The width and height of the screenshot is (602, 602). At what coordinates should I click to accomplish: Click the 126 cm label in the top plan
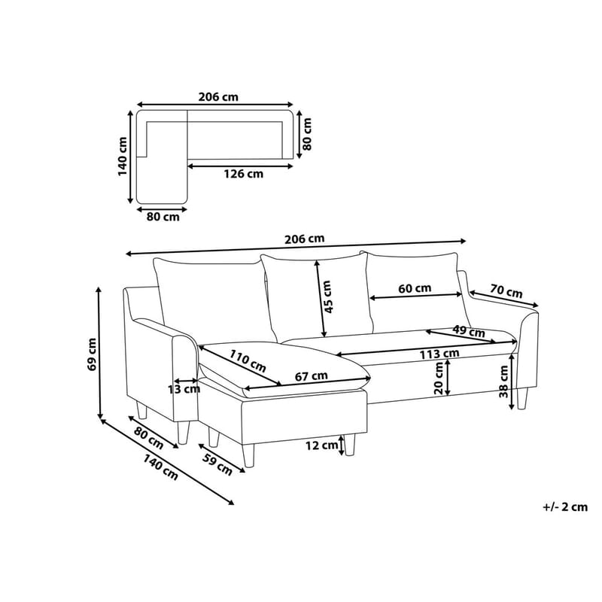tap(244, 174)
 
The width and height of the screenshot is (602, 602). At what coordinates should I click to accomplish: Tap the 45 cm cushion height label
tap(327, 297)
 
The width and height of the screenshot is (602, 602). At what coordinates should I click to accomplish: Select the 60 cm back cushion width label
tap(415, 288)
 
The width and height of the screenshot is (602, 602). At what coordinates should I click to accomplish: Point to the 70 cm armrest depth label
tap(506, 291)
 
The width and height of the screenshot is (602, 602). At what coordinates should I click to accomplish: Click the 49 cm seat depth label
tap(468, 330)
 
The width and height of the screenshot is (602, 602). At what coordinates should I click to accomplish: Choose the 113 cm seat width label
tap(439, 353)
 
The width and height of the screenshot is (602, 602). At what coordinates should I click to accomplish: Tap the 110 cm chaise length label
tap(248, 361)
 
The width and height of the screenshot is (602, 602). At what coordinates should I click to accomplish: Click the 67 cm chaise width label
tap(311, 375)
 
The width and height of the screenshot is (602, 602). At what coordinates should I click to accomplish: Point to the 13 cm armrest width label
tap(184, 389)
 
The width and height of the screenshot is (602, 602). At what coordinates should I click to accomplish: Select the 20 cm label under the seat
tap(439, 379)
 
